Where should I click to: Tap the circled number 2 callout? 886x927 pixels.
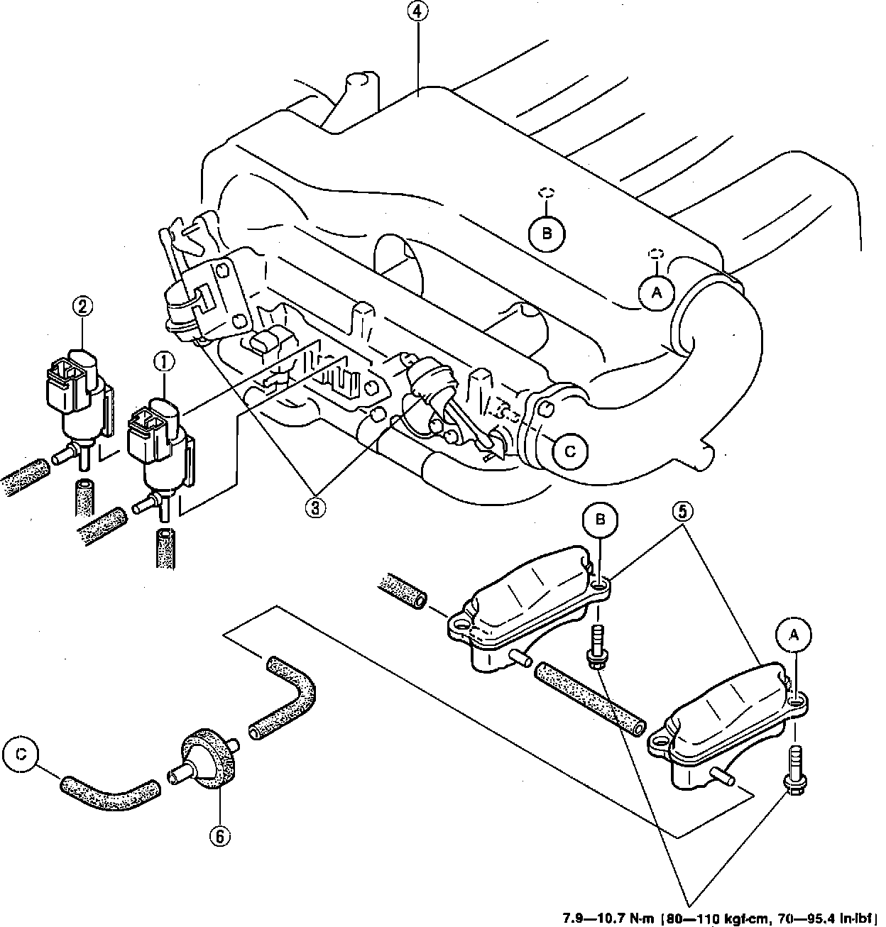pyautogui.click(x=82, y=307)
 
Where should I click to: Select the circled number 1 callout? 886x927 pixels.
pyautogui.click(x=163, y=362)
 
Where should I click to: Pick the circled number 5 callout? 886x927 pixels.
pyautogui.click(x=681, y=512)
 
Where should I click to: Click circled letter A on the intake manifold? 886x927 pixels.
pyautogui.click(x=656, y=292)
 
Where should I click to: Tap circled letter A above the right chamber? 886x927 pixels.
pyautogui.click(x=794, y=637)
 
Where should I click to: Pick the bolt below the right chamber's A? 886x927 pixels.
pyautogui.click(x=793, y=767)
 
